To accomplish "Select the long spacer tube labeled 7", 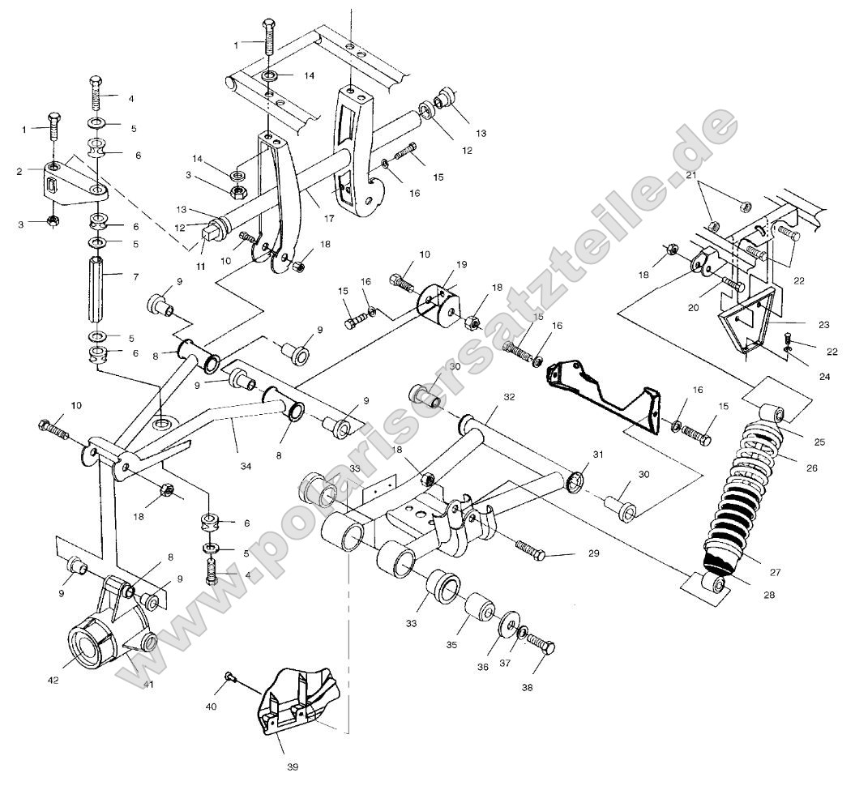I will [x=95, y=288].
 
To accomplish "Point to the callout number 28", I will [x=768, y=594].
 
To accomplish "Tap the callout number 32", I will [x=509, y=398].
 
